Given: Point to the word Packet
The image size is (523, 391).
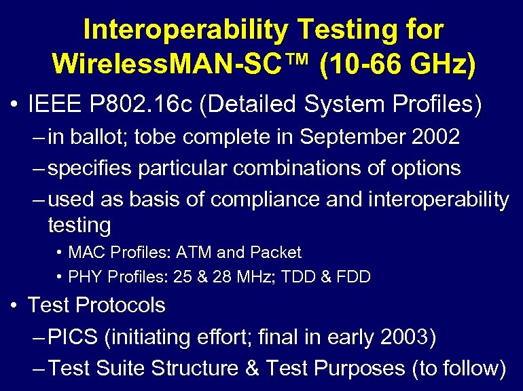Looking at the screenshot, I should (x=276, y=253).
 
